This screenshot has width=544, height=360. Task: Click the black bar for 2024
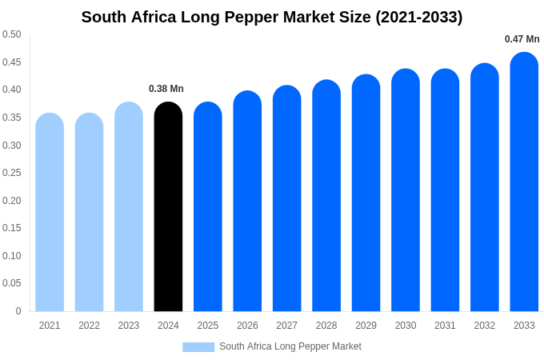[x=168, y=208]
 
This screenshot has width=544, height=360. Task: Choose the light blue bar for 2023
[x=129, y=208]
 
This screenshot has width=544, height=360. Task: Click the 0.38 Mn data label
[x=166, y=89]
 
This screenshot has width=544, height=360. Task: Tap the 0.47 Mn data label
[x=522, y=39]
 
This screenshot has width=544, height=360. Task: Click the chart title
[x=272, y=17]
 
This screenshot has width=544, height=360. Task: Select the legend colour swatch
[x=198, y=347]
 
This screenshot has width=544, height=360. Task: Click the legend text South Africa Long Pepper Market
[x=290, y=346]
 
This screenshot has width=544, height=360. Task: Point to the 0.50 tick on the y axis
[x=12, y=34]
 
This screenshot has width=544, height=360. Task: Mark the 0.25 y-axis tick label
[x=12, y=173]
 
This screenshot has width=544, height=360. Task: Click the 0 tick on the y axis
[x=18, y=311]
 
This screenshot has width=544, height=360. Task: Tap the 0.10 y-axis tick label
[x=12, y=256]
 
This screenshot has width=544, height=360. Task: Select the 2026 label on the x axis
[x=247, y=326]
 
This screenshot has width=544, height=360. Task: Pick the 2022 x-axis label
[x=89, y=326]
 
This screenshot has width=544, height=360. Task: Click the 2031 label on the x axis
[x=445, y=326]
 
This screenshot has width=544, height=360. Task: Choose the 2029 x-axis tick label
[x=366, y=326]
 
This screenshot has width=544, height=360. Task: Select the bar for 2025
[x=208, y=208]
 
